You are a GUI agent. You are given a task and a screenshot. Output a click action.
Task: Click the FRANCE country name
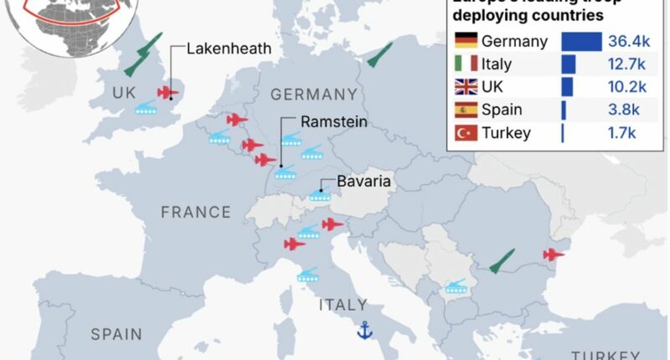tap(195, 212)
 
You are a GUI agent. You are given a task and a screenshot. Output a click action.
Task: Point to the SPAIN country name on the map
tap(116, 334)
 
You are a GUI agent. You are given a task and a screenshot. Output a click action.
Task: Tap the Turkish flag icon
tap(465, 132)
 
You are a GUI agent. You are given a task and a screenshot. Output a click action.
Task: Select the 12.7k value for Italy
tap(627, 64)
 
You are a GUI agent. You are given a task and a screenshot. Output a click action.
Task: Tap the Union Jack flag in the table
tap(465, 87)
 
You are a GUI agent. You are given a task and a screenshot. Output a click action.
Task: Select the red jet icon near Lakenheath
tap(168, 92)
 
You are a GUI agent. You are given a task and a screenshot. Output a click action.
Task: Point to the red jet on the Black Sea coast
tap(554, 255)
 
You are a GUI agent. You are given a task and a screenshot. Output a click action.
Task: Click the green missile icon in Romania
tap(502, 261)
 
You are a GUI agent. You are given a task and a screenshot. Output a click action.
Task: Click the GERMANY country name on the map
tap(313, 94)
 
